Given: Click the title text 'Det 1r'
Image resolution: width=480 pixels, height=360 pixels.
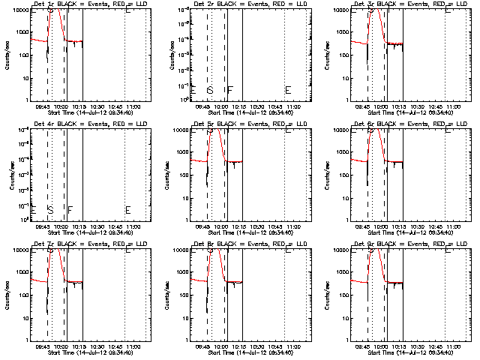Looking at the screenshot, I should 43,4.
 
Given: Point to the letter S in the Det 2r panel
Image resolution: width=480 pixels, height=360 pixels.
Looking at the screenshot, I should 210,90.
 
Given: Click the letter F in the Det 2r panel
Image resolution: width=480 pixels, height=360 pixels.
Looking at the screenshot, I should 230,90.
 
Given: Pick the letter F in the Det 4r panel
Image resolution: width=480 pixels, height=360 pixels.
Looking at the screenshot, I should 70,210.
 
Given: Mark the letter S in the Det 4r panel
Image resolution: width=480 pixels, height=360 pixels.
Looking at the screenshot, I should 49,210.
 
